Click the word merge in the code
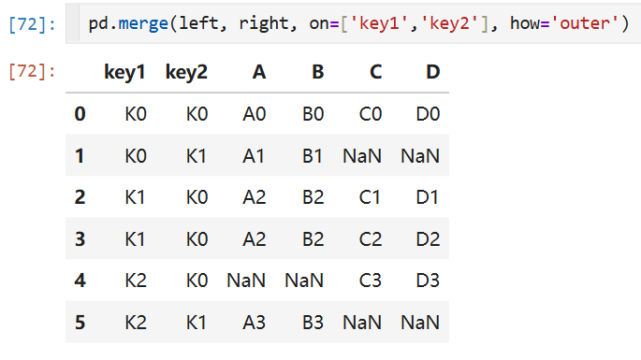(143, 23)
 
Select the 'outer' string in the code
(585, 22)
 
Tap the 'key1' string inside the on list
(379, 23)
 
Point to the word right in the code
(264, 23)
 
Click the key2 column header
(186, 72)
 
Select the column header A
(259, 72)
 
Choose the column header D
(433, 72)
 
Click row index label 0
(80, 114)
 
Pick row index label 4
(80, 281)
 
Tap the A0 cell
(255, 114)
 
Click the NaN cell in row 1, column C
(362, 155)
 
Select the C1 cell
(370, 197)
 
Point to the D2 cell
(428, 239)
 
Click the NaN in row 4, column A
(246, 281)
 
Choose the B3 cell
(313, 323)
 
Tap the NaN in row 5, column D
(420, 323)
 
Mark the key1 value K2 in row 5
(136, 323)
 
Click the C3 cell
(371, 281)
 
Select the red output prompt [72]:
(32, 72)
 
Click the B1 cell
(313, 155)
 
